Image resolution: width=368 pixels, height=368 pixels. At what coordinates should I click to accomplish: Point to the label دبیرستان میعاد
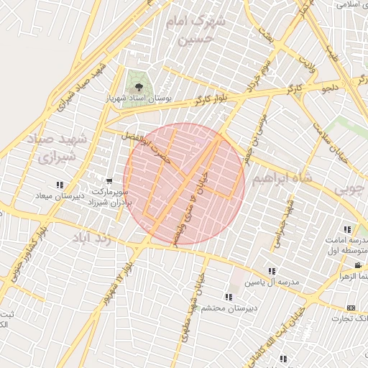61,195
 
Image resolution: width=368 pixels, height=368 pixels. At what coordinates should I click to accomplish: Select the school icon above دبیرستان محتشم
229,296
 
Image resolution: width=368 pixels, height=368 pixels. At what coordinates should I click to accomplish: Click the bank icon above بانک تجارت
351,307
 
